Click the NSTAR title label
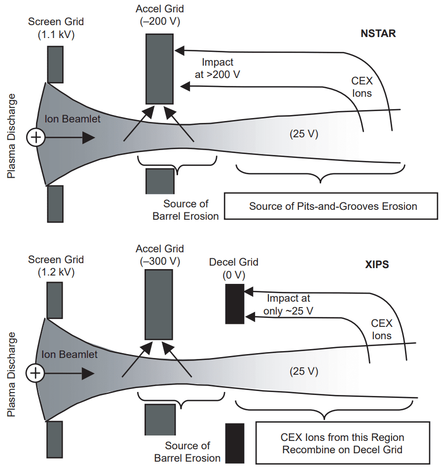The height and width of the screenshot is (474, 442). click(378, 35)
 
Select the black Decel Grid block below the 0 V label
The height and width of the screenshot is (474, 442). click(235, 304)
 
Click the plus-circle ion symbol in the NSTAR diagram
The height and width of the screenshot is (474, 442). click(35, 138)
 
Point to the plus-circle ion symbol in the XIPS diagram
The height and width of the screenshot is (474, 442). click(35, 373)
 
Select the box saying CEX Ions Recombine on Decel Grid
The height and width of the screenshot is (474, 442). click(342, 443)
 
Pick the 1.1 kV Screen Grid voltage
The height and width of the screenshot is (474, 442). click(56, 34)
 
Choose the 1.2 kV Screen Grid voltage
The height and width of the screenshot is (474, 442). click(56, 271)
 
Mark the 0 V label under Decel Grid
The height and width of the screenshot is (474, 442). click(234, 274)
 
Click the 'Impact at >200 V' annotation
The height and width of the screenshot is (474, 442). click(218, 69)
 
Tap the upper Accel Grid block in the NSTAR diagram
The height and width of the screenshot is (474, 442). click(159, 68)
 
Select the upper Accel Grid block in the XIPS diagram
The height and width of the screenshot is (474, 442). click(158, 304)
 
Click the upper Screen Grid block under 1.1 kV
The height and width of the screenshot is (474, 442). click(55, 64)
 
